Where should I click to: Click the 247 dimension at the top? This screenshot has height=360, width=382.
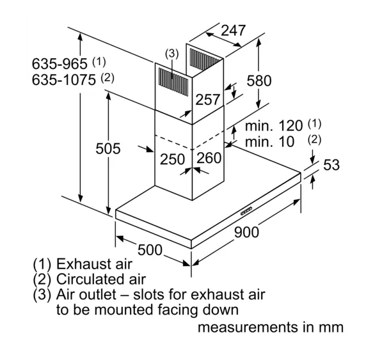point(233,31)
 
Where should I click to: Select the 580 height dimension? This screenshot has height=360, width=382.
point(259,81)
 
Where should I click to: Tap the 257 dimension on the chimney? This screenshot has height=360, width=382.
point(207,100)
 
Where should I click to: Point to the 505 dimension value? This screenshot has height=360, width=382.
point(108,148)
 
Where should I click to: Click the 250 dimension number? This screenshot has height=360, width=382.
point(173,159)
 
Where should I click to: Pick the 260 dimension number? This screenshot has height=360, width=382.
point(209,158)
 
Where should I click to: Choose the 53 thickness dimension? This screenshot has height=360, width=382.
point(331,165)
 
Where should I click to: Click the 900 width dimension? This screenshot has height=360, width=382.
point(246,232)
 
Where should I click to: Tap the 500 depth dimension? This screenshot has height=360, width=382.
point(150,250)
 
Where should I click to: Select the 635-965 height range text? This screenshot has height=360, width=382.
point(60,64)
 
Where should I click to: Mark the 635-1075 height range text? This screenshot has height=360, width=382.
point(64,80)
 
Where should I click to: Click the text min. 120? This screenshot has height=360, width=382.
point(274,126)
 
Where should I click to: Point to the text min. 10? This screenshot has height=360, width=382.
point(269,142)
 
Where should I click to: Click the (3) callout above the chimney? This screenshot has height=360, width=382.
point(172,54)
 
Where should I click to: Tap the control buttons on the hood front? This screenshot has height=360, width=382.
point(246,211)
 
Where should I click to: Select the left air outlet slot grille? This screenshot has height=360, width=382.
point(173,82)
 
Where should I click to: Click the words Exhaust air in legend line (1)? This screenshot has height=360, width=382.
point(95,264)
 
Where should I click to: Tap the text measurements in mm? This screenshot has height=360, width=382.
point(271,327)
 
